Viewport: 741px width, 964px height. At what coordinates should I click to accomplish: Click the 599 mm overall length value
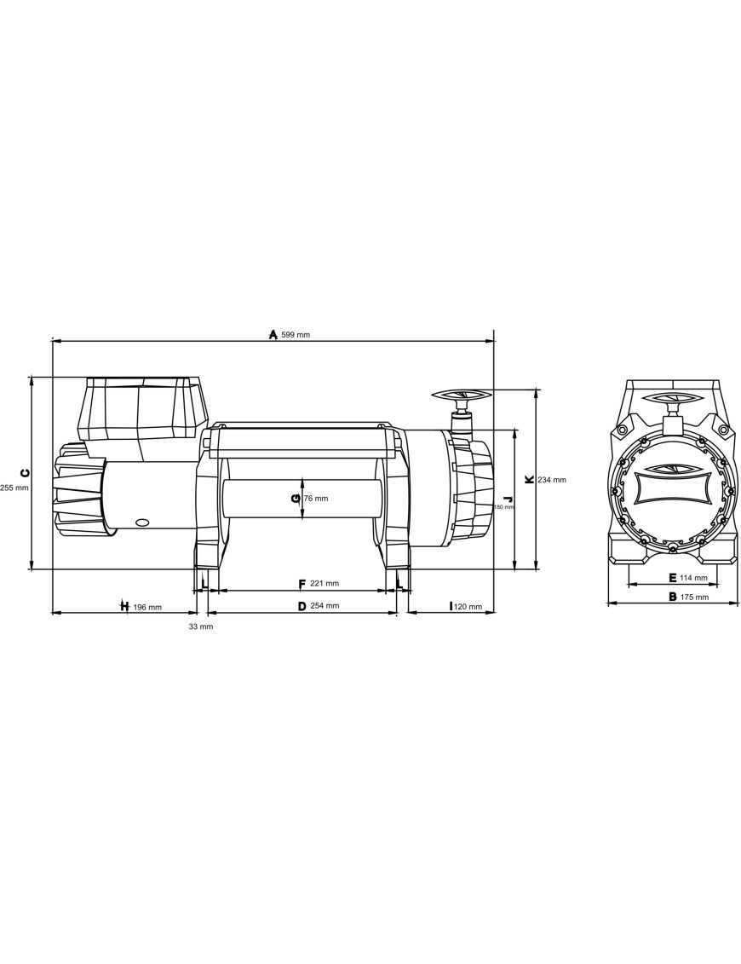pos(296,335)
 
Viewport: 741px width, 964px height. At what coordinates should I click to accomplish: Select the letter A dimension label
pos(273,334)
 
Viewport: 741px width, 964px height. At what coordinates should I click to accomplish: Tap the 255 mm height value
pos(14,488)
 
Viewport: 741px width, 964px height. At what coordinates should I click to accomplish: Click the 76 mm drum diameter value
pos(316,499)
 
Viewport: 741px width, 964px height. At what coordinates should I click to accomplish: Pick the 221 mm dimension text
pos(324,584)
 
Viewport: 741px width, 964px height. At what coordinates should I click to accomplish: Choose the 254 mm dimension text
pos(324,606)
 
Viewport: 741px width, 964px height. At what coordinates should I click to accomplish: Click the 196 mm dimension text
pos(146,608)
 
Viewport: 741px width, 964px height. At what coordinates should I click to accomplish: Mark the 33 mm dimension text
pos(201,626)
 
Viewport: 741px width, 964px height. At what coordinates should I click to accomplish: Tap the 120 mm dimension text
pos(468,608)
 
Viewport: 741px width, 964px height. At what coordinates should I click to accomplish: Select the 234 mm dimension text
pos(552,480)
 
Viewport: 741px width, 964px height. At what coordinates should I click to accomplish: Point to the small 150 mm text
pos(504,507)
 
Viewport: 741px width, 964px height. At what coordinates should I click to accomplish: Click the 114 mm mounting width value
pos(693,578)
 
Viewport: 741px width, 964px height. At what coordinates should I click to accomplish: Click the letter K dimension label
pos(529,480)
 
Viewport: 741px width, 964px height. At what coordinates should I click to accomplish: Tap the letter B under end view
pos(672,597)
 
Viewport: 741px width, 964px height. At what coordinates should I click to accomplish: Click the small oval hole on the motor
pos(142,522)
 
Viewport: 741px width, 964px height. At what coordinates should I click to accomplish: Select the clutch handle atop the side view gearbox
pos(462,395)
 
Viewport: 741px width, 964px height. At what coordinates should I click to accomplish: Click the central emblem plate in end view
pos(672,492)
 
